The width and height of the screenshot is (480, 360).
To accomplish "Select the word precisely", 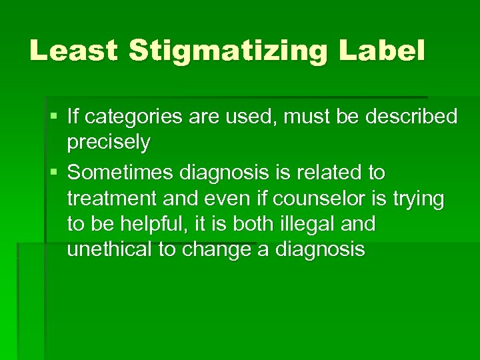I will coord(109,142).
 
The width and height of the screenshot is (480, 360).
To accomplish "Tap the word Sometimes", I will coord(121,173).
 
